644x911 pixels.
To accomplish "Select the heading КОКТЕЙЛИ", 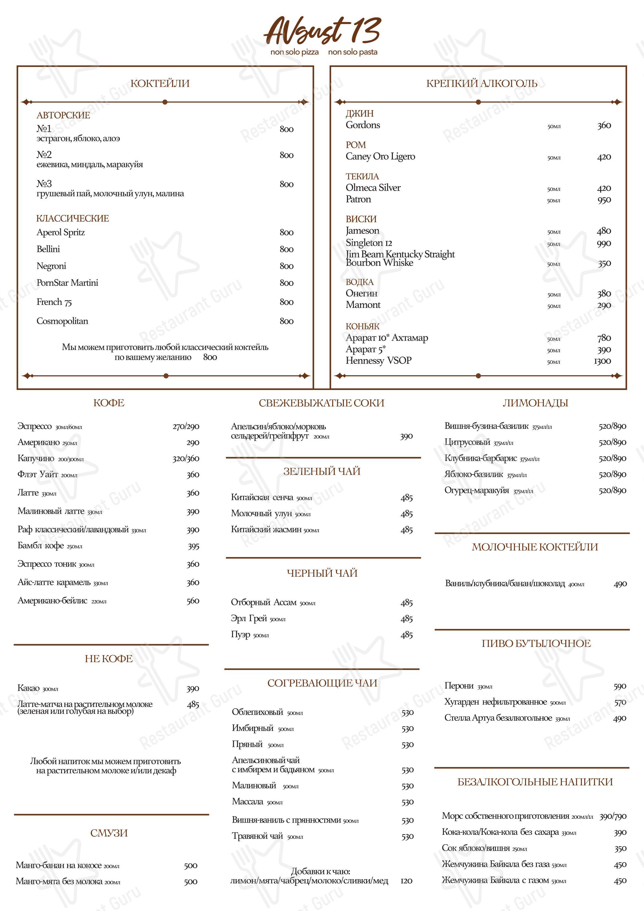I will click(x=160, y=83).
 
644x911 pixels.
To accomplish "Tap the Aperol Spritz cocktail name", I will click(x=60, y=232).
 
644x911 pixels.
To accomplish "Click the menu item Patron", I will click(x=358, y=200).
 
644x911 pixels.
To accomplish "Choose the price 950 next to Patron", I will click(x=604, y=200).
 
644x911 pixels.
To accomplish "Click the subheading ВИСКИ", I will click(x=361, y=219).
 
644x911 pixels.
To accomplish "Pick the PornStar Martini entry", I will click(x=67, y=283).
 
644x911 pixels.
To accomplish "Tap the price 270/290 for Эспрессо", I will click(x=186, y=427).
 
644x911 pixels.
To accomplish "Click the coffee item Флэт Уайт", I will click(x=38, y=475).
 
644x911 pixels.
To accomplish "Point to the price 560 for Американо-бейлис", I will click(x=193, y=601).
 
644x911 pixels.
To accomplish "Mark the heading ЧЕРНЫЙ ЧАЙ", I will click(x=322, y=573).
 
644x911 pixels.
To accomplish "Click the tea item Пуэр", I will click(x=240, y=635).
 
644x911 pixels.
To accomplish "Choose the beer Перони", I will click(x=459, y=686).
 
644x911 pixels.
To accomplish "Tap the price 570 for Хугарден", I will click(x=620, y=702).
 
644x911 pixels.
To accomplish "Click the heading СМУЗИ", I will click(x=109, y=833).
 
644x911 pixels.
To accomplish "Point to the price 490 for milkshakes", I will click(x=620, y=584).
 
